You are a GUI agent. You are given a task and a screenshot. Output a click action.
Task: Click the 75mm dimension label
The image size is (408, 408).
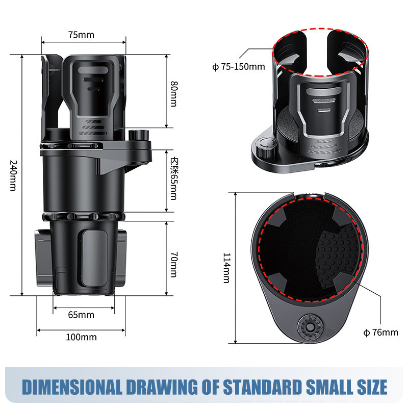point(81,35)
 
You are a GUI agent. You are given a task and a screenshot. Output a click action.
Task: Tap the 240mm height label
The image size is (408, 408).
point(14,176)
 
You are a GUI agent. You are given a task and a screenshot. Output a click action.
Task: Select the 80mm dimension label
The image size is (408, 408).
point(174,93)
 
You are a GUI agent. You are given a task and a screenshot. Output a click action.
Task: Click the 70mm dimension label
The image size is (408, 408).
point(174,259)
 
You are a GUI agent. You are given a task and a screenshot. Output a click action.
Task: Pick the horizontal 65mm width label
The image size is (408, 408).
point(81,315)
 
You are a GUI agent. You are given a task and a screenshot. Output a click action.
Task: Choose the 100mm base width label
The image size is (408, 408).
point(81,337)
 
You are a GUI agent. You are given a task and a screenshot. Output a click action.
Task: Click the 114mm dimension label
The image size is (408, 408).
point(226,268)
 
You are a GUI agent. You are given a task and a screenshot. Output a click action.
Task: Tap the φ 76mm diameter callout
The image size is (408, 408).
point(380,333)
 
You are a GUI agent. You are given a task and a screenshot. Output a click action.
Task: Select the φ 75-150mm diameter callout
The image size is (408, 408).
point(239,67)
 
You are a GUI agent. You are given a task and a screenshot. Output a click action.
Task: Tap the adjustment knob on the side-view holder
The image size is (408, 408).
point(138,137)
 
